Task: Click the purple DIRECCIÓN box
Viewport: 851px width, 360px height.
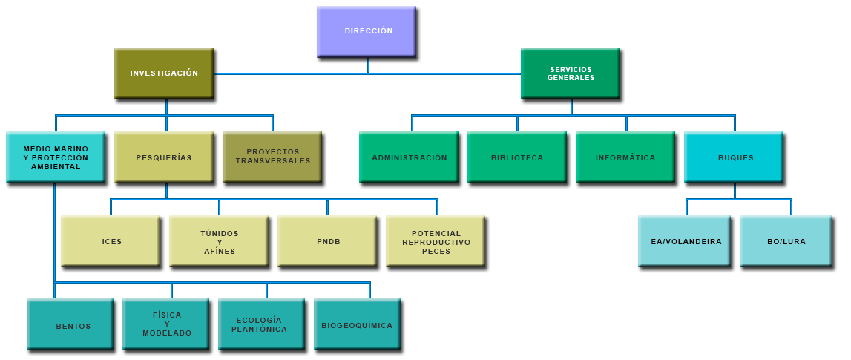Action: click(x=368, y=31)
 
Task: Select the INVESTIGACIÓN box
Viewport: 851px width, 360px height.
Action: click(x=164, y=73)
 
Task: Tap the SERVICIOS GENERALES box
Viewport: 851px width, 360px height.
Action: click(x=571, y=73)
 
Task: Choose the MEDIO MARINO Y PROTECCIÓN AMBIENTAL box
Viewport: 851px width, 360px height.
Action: click(x=55, y=157)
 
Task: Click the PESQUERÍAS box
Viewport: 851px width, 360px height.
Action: click(x=164, y=157)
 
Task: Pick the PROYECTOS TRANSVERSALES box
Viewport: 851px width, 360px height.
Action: click(x=272, y=157)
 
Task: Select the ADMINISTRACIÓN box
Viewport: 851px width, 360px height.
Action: click(x=409, y=157)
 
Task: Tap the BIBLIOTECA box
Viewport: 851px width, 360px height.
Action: click(x=517, y=157)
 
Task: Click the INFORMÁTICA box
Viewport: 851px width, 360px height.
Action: click(x=625, y=157)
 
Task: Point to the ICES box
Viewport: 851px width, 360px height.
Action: click(x=111, y=241)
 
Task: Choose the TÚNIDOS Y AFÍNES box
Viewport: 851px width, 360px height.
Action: click(x=219, y=241)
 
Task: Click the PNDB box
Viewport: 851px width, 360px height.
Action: click(x=327, y=241)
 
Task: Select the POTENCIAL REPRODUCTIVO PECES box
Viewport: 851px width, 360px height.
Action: click(x=436, y=241)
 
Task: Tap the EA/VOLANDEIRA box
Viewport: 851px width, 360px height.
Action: click(x=686, y=241)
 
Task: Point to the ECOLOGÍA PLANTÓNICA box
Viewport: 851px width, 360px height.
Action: click(x=262, y=325)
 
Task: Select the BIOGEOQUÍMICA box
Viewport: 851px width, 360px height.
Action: click(x=358, y=325)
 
